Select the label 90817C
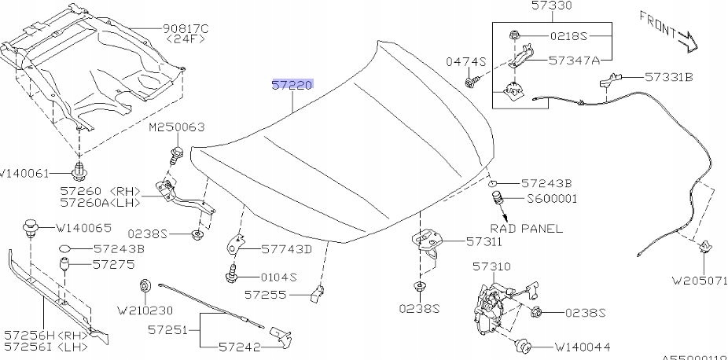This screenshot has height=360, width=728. pyautogui.click(x=185, y=30)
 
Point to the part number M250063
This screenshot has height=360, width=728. pyautogui.click(x=177, y=127)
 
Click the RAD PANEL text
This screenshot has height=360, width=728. pyautogui.click(x=532, y=229)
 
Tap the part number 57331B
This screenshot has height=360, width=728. pyautogui.click(x=669, y=78)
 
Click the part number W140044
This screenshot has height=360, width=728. pyautogui.click(x=582, y=346)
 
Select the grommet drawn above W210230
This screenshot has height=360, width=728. pyautogui.click(x=145, y=285)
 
